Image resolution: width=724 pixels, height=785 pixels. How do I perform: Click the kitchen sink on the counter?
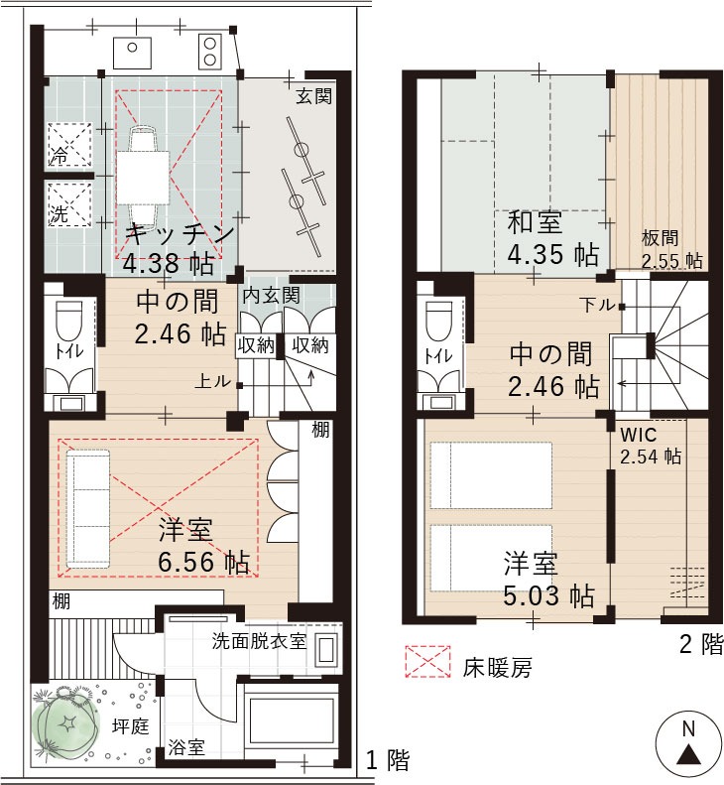pos(132,52)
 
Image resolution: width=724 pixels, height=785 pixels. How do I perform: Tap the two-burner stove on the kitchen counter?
pos(210,52)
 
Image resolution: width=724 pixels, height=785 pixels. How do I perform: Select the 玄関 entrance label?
pos(313,95)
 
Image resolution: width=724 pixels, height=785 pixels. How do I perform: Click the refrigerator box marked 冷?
pos(70,144)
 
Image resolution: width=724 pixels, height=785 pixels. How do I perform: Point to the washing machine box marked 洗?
pos(70,204)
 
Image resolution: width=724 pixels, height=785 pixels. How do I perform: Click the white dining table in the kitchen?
pos(144,178)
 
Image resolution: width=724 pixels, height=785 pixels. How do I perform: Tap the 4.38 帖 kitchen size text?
pos(169,263)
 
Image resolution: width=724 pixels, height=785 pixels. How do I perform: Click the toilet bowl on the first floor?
pos(69,321)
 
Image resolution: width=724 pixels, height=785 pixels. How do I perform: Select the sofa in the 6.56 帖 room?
pos(88,509)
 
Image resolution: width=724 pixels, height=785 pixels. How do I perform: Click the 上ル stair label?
pos(212,381)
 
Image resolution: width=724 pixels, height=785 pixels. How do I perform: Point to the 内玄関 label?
pos(271,295)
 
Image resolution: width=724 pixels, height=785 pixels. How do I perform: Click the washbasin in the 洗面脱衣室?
pos(326,650)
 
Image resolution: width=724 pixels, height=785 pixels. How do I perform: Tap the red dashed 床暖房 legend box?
pos(427,661)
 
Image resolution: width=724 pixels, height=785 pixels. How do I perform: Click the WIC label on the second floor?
pos(638,435)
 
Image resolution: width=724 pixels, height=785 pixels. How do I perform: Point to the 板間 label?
pos(660,238)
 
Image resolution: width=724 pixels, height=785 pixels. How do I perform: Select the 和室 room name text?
pos(535,222)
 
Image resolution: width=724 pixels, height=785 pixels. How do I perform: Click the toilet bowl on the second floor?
pos(438,322)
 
